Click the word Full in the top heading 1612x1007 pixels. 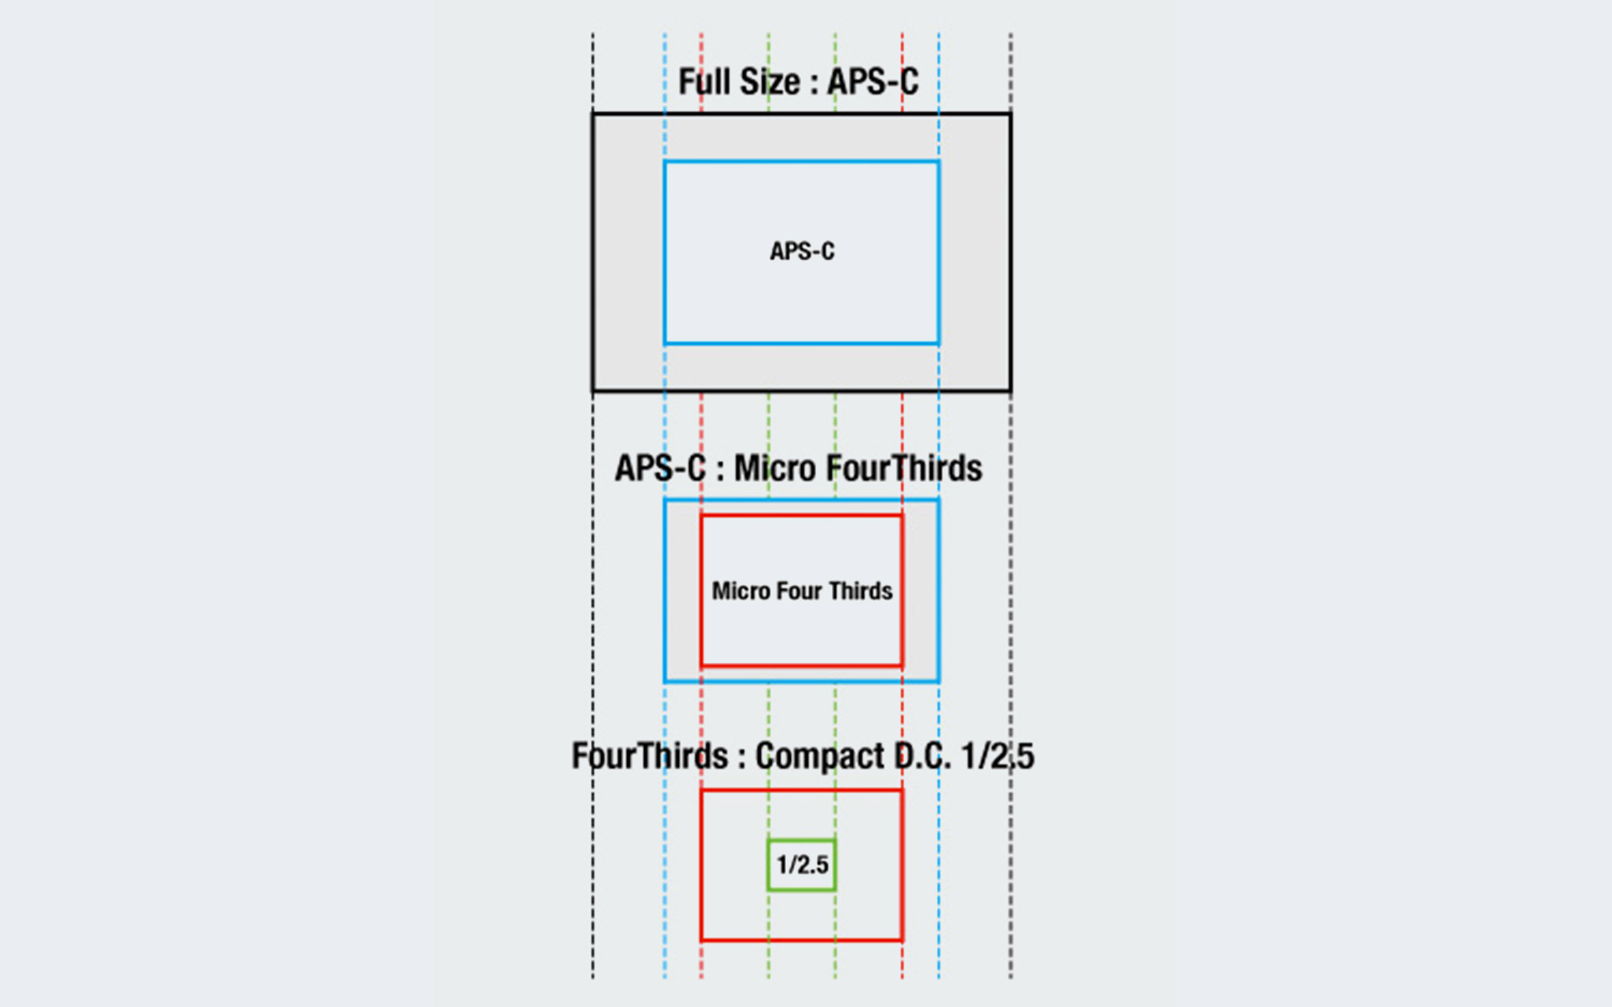(x=703, y=82)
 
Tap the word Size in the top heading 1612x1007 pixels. (x=769, y=82)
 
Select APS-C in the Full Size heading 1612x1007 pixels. (x=872, y=82)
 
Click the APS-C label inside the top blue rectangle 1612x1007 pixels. (x=802, y=251)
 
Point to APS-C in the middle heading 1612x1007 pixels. (x=660, y=468)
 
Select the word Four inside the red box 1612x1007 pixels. (x=798, y=591)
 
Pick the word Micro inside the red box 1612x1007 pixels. (x=741, y=591)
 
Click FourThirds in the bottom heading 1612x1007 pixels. (x=650, y=755)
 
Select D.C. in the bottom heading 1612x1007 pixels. (x=922, y=755)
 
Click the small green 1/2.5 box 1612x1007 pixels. (x=802, y=864)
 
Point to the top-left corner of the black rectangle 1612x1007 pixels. (x=594, y=114)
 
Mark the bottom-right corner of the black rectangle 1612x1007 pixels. (x=1010, y=390)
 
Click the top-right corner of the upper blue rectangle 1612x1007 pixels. (x=938, y=162)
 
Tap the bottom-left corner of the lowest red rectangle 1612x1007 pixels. (x=702, y=939)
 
